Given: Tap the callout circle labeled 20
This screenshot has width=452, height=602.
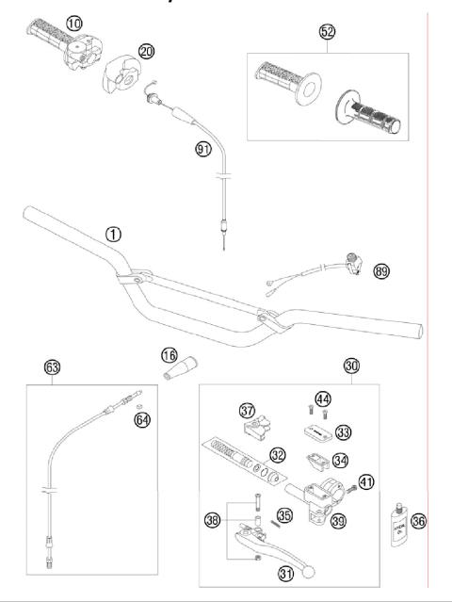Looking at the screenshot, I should (x=146, y=51).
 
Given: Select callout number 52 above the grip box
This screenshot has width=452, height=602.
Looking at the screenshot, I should (x=327, y=32).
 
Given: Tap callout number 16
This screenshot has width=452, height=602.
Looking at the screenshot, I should (x=169, y=355).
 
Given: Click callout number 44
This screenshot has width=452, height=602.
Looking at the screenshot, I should (x=323, y=399).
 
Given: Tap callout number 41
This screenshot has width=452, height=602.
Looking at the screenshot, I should (x=365, y=481).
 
